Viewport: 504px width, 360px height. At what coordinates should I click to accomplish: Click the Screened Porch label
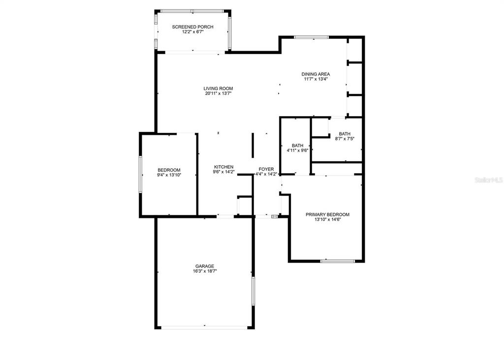(x=192, y=27)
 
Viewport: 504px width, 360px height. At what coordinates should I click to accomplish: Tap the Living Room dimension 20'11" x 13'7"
(x=218, y=93)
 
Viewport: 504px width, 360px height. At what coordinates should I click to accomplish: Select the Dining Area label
(x=315, y=74)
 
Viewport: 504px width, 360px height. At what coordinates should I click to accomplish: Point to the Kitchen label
(x=224, y=167)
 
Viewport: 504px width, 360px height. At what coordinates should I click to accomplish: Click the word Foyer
(x=266, y=169)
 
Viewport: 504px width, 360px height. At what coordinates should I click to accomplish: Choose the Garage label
(x=205, y=266)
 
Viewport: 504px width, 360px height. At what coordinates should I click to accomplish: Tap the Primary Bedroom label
(x=327, y=214)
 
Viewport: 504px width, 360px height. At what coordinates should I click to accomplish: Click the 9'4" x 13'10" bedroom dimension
(x=169, y=175)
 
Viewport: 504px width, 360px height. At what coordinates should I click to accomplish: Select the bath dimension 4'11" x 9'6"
(x=298, y=150)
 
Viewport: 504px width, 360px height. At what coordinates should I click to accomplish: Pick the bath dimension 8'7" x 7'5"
(x=345, y=139)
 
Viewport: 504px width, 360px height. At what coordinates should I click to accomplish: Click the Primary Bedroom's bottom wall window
(x=338, y=261)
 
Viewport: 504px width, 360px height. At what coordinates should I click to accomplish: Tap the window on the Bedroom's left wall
(x=140, y=175)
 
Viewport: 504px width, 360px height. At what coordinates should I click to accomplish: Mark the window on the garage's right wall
(x=253, y=291)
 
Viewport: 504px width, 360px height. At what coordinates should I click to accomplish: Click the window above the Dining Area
(x=312, y=37)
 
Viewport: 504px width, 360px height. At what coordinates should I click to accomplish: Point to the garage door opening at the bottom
(x=204, y=327)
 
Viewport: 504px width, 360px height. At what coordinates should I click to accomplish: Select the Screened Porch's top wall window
(x=192, y=11)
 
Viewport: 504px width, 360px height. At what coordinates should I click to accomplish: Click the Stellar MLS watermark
(x=489, y=180)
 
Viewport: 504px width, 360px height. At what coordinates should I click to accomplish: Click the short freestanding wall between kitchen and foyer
(x=252, y=145)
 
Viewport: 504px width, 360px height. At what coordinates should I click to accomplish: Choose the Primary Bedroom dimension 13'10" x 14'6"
(x=327, y=220)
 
